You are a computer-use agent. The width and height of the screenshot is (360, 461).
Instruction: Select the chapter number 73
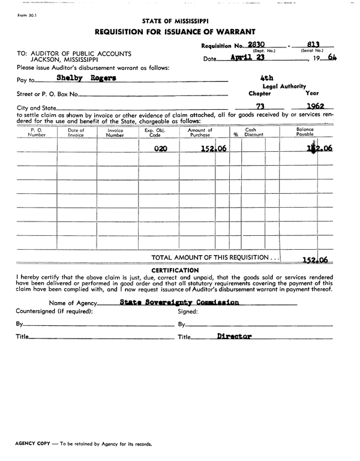(260, 106)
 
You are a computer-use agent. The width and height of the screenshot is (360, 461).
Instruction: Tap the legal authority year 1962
(312, 106)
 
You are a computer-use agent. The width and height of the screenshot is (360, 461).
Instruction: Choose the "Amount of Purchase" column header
(200, 133)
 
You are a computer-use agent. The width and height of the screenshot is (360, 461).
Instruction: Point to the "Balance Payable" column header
(305, 133)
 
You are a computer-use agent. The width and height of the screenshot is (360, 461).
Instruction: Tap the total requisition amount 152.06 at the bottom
(316, 259)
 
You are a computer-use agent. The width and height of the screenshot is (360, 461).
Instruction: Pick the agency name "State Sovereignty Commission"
(179, 303)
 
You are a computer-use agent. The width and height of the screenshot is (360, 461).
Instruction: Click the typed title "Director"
(234, 337)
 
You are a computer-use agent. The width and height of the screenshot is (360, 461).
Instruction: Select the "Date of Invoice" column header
(76, 133)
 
